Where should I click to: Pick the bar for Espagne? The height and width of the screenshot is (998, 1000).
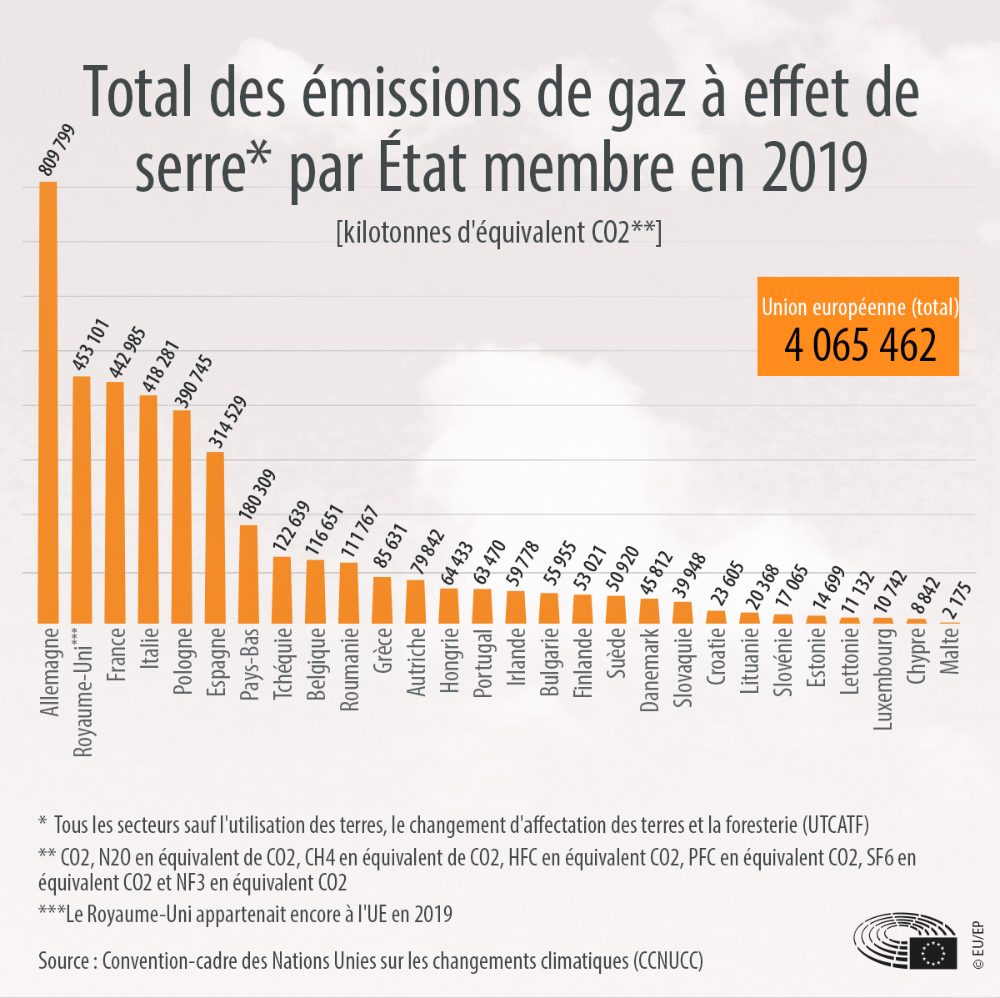point(215,537)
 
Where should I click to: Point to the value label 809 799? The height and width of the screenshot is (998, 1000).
point(57,150)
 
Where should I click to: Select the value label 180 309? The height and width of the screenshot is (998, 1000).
point(257,495)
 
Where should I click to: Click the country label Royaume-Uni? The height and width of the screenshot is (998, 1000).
point(82,692)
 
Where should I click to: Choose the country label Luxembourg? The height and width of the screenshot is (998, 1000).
point(883,678)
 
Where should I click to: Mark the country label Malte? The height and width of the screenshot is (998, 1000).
point(950,650)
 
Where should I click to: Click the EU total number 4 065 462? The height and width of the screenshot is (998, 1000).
point(859,345)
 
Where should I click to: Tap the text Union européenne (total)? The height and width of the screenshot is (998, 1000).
point(859,308)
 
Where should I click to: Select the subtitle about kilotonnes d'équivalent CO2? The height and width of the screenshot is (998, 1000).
point(498,233)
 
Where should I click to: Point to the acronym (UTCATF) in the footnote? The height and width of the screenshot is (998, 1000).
point(836,825)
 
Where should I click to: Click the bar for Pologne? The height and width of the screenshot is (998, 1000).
point(182,516)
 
